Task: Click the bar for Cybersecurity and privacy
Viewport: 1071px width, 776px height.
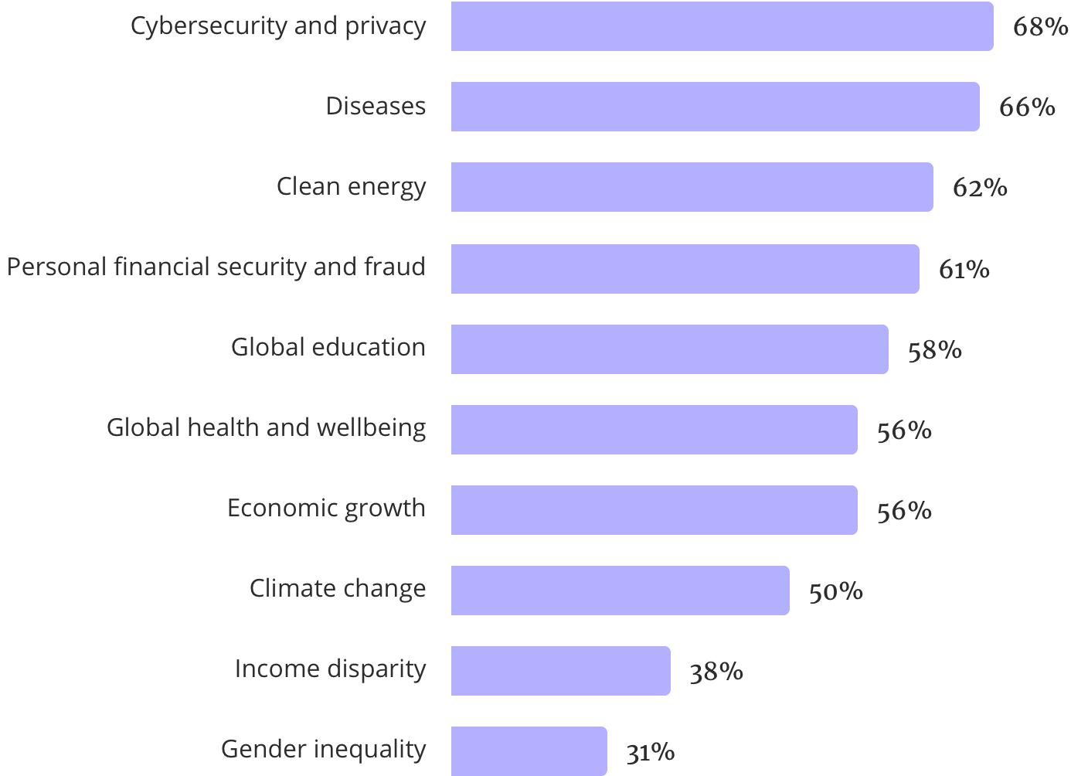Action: (722, 26)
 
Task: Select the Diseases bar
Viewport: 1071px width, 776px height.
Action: (715, 107)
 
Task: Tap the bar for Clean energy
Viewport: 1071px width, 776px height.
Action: (692, 187)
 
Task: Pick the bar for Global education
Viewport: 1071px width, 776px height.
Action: (669, 349)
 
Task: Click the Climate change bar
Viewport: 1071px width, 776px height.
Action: (620, 591)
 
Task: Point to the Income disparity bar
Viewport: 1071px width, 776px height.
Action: (560, 671)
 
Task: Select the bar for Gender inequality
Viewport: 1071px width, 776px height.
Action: (529, 750)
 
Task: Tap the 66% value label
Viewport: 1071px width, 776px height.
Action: (1027, 107)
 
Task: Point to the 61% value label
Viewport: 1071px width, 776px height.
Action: (964, 269)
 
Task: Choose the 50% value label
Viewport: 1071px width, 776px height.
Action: (835, 591)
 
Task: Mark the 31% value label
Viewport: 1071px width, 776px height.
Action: (650, 751)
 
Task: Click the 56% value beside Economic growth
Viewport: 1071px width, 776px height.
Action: (903, 511)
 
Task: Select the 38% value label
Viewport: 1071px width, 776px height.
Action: (716, 672)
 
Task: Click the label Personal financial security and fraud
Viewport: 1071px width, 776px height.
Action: (216, 267)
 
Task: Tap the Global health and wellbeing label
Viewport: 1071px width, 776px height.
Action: (266, 427)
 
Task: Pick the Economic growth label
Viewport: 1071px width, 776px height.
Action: (326, 508)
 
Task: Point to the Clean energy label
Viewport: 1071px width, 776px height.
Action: (351, 186)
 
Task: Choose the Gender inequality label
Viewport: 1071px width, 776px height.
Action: (323, 749)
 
